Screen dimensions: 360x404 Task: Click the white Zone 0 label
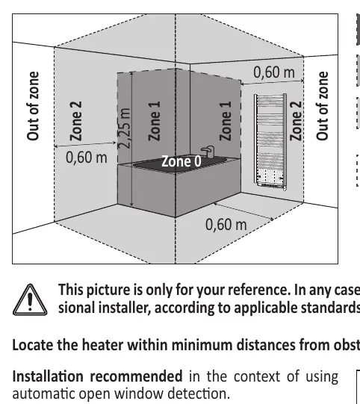[x=181, y=162]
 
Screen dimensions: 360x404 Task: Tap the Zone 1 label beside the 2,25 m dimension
[x=155, y=121]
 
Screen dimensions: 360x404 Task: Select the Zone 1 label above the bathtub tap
[x=226, y=121]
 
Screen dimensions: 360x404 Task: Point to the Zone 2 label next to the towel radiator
[x=296, y=120]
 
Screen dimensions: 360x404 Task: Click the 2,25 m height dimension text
[x=125, y=128]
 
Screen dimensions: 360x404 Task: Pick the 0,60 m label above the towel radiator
[x=274, y=72]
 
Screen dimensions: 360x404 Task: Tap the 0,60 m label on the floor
[x=226, y=225]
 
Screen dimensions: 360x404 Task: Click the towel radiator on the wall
[x=270, y=142]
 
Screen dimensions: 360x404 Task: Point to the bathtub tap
[x=208, y=152]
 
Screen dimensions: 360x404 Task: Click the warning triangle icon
[x=30, y=299]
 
